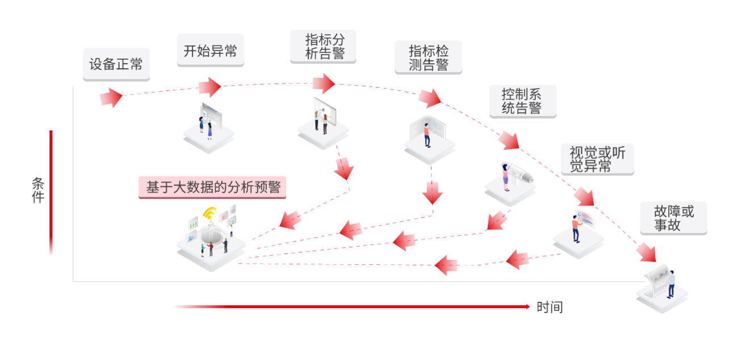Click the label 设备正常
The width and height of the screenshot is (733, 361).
(x=116, y=64)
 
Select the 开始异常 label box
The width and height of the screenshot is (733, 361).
(x=210, y=51)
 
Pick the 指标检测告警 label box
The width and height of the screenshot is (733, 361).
(x=428, y=57)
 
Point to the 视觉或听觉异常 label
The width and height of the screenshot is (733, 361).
(x=597, y=159)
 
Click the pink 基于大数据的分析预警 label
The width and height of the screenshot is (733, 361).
(x=212, y=187)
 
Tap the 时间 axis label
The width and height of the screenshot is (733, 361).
(x=550, y=308)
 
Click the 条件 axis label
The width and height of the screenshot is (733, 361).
(x=37, y=190)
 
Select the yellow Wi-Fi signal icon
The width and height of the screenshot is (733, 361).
(x=210, y=215)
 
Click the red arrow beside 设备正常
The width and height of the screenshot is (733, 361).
(x=111, y=97)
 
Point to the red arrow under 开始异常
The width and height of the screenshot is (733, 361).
(x=210, y=87)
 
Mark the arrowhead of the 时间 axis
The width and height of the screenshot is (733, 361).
(x=527, y=306)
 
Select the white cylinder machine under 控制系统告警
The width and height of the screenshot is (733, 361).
(x=519, y=172)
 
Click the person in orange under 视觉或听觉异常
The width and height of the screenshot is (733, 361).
(x=576, y=227)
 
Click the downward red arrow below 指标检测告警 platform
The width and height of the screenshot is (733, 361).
(x=432, y=193)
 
